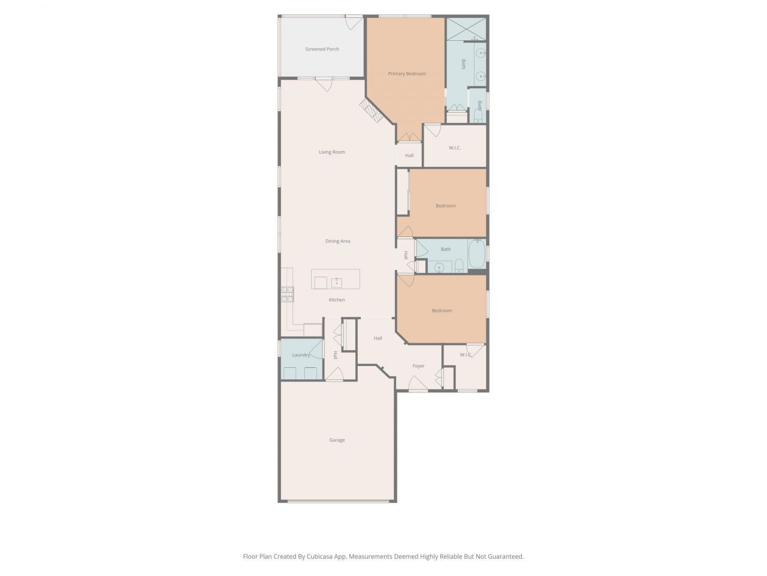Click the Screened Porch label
(x=322, y=49)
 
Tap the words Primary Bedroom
(x=407, y=74)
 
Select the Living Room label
(x=331, y=152)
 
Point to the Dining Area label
(x=337, y=241)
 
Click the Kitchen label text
(x=337, y=300)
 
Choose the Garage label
(x=337, y=440)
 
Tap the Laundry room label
(x=301, y=355)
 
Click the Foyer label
(x=418, y=366)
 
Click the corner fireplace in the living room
(x=370, y=111)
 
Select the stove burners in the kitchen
(x=288, y=294)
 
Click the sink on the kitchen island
(x=337, y=281)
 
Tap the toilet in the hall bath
(x=458, y=266)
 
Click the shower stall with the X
(x=466, y=29)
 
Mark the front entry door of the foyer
(x=418, y=384)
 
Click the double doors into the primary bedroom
(x=409, y=137)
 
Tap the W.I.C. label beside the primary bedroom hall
(x=455, y=148)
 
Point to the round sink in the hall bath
(x=439, y=267)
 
